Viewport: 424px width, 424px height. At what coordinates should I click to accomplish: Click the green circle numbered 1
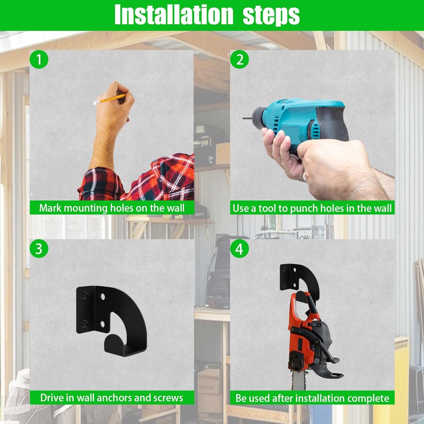point(39,60)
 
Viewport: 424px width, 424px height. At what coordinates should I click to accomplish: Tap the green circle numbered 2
point(239,60)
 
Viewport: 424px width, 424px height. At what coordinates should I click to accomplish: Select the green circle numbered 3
point(39,249)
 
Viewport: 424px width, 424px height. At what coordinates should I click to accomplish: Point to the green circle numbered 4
point(239,249)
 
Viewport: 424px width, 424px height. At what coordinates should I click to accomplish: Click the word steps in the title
point(271,15)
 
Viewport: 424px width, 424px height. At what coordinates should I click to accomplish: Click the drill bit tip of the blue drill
point(245,118)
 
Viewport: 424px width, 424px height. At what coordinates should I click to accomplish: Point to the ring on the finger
point(305,177)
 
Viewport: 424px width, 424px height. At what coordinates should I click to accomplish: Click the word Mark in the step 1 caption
point(50,208)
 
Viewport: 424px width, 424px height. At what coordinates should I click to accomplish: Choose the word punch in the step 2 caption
point(304,208)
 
